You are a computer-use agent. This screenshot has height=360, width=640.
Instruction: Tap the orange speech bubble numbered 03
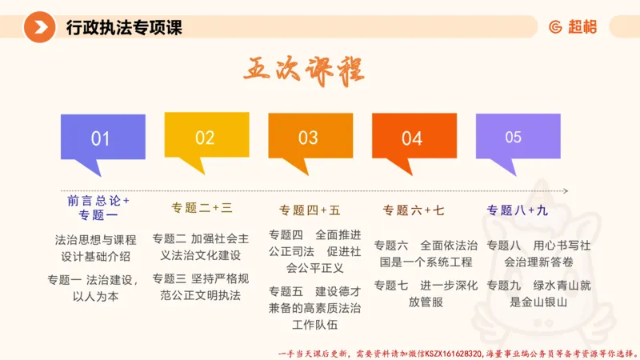309,138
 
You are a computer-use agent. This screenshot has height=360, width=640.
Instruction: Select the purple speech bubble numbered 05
514,137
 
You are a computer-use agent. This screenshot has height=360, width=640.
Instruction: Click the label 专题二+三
202,208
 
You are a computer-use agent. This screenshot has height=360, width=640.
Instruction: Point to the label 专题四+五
310,210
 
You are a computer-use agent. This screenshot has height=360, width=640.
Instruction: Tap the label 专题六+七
413,210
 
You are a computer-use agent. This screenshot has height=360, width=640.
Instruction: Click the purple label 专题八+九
518,210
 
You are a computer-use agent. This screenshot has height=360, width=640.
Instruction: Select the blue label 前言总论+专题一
98,207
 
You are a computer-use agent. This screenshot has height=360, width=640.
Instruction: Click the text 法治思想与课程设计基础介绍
96,247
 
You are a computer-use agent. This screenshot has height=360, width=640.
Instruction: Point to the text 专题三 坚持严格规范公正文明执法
201,286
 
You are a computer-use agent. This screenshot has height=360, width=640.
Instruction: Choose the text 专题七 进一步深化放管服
426,293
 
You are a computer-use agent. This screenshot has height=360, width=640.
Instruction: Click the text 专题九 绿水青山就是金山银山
538,293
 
